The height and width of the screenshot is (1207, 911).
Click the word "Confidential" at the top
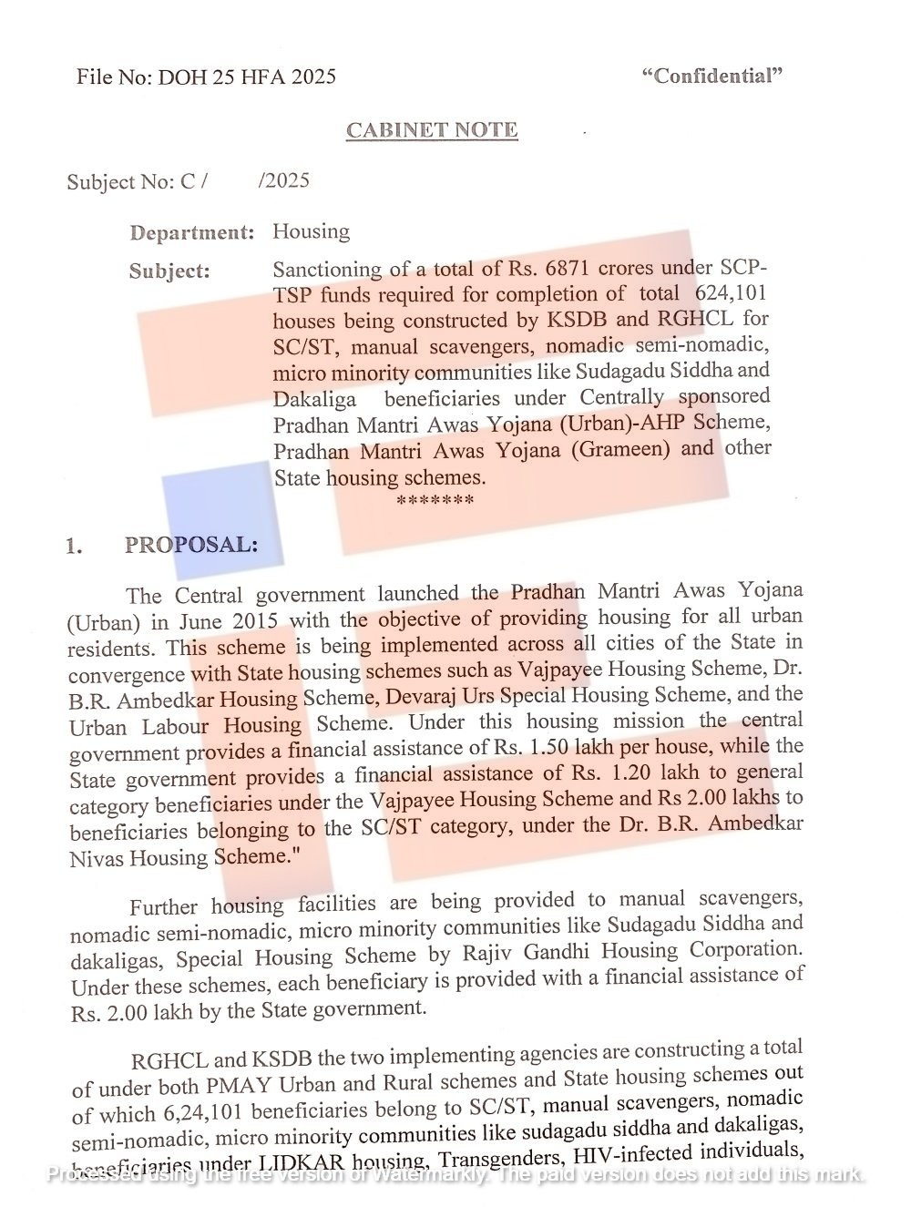(x=712, y=76)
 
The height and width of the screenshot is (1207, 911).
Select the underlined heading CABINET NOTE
(x=432, y=130)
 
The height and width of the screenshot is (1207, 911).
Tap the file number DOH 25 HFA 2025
(x=247, y=77)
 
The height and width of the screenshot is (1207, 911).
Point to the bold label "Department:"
(x=191, y=232)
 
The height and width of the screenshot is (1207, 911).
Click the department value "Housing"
(x=311, y=230)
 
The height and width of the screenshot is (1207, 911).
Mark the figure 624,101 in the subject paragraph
(x=731, y=293)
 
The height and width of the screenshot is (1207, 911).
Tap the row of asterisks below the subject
(x=435, y=501)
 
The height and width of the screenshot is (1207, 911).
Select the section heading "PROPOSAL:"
(x=191, y=545)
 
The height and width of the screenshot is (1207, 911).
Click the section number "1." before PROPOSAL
(x=74, y=547)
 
